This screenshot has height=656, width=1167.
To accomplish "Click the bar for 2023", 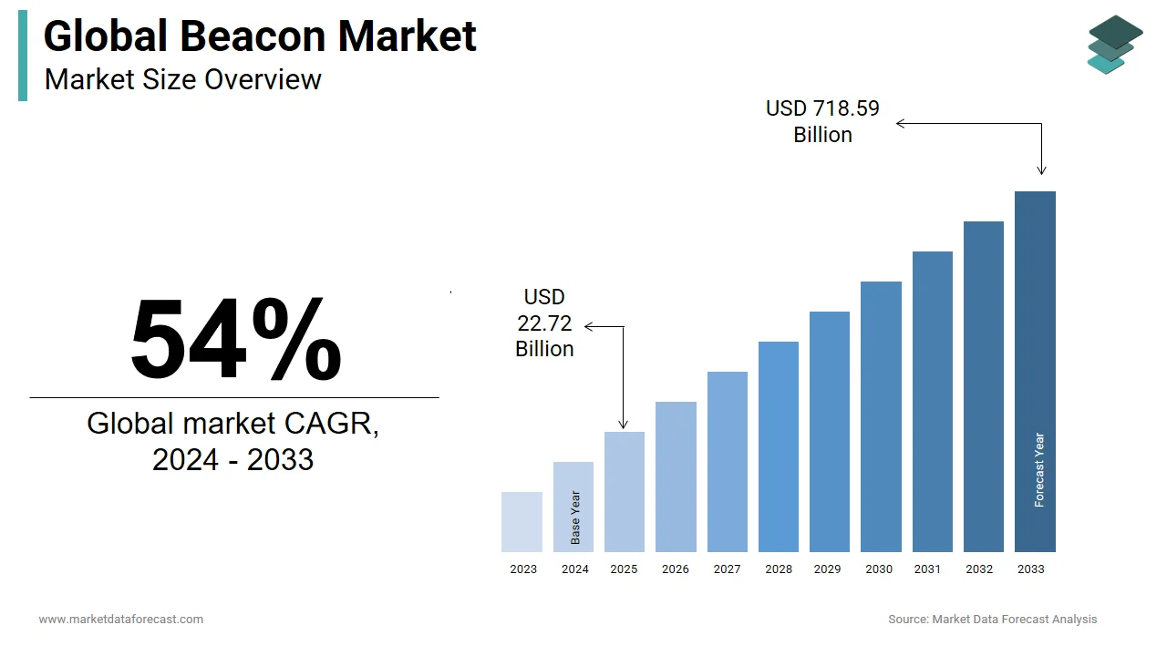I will [x=522, y=522].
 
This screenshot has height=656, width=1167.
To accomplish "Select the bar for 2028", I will [x=779, y=446].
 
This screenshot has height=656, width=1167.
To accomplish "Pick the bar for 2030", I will [x=881, y=416].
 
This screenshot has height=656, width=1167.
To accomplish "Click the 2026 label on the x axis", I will [x=676, y=569].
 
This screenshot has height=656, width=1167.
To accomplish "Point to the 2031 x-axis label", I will [x=927, y=569].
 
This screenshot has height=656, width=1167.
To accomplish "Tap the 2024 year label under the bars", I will [x=575, y=569].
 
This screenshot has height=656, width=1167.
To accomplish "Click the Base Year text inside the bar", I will [x=575, y=518].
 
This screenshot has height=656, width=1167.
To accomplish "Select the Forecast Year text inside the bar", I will [x=1039, y=470].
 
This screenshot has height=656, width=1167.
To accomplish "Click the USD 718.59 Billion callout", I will [x=822, y=121].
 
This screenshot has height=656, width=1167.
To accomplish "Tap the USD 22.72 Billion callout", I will [x=544, y=323].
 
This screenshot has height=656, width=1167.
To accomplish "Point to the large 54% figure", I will [x=235, y=339].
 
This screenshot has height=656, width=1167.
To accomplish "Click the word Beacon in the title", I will [x=253, y=36].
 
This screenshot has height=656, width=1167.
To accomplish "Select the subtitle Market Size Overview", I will [x=182, y=79].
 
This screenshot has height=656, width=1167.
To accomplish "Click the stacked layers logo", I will [x=1114, y=44].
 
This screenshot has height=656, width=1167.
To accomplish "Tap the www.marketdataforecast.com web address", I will [x=121, y=620].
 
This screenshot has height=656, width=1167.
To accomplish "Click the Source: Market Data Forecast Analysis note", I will [x=992, y=620].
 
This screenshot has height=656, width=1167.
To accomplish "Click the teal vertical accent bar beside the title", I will [x=23, y=56].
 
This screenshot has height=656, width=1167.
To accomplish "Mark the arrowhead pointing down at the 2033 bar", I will [x=1041, y=169].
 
